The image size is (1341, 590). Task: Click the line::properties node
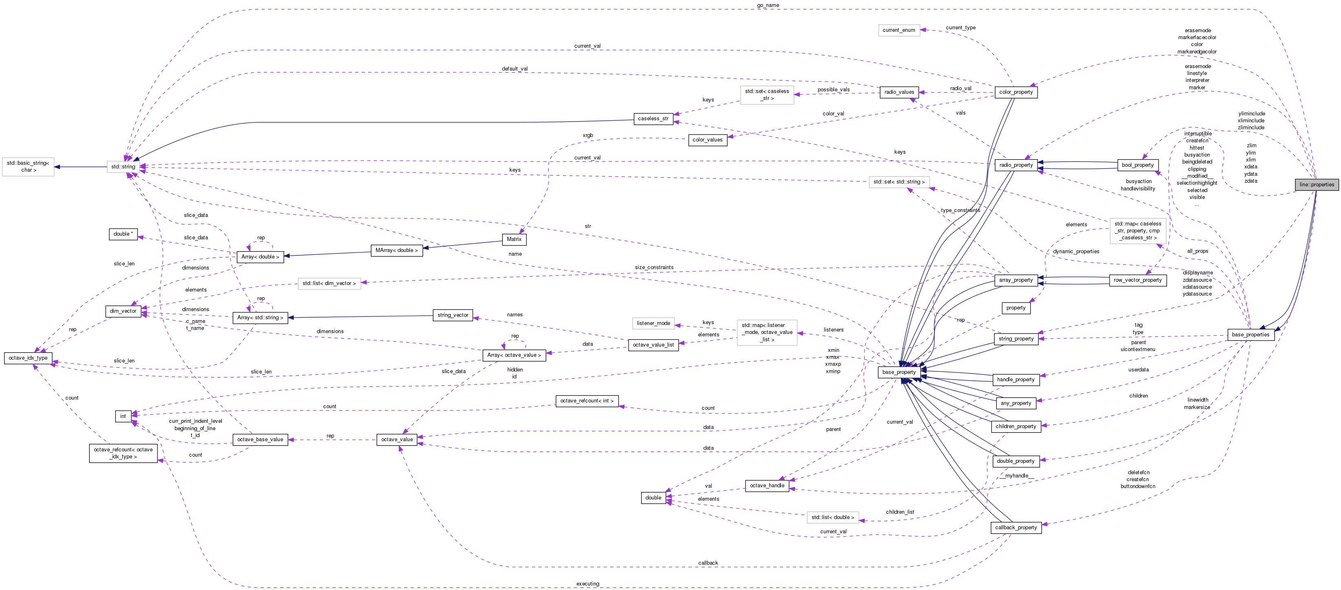point(1317,185)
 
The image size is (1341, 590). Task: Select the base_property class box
point(898,372)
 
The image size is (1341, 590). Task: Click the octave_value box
point(397,440)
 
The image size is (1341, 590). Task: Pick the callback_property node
point(1016,528)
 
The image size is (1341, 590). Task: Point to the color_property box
point(1016,92)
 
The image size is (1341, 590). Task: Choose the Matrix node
point(514,239)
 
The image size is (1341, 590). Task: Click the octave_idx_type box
point(28,358)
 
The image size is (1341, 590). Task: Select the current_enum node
point(898,30)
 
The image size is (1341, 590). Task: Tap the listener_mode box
point(653,323)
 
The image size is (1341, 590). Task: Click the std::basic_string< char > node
point(28,166)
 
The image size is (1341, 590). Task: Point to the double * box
point(123,234)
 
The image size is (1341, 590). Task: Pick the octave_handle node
point(767,486)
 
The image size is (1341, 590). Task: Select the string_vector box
point(452,315)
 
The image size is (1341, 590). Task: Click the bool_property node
point(1137,165)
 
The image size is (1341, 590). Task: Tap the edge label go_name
point(768,5)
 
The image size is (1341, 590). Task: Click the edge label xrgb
point(588,135)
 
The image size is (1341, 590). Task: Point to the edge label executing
point(588,584)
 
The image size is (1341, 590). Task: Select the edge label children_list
point(900,512)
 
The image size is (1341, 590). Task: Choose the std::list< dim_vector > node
point(329,283)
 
